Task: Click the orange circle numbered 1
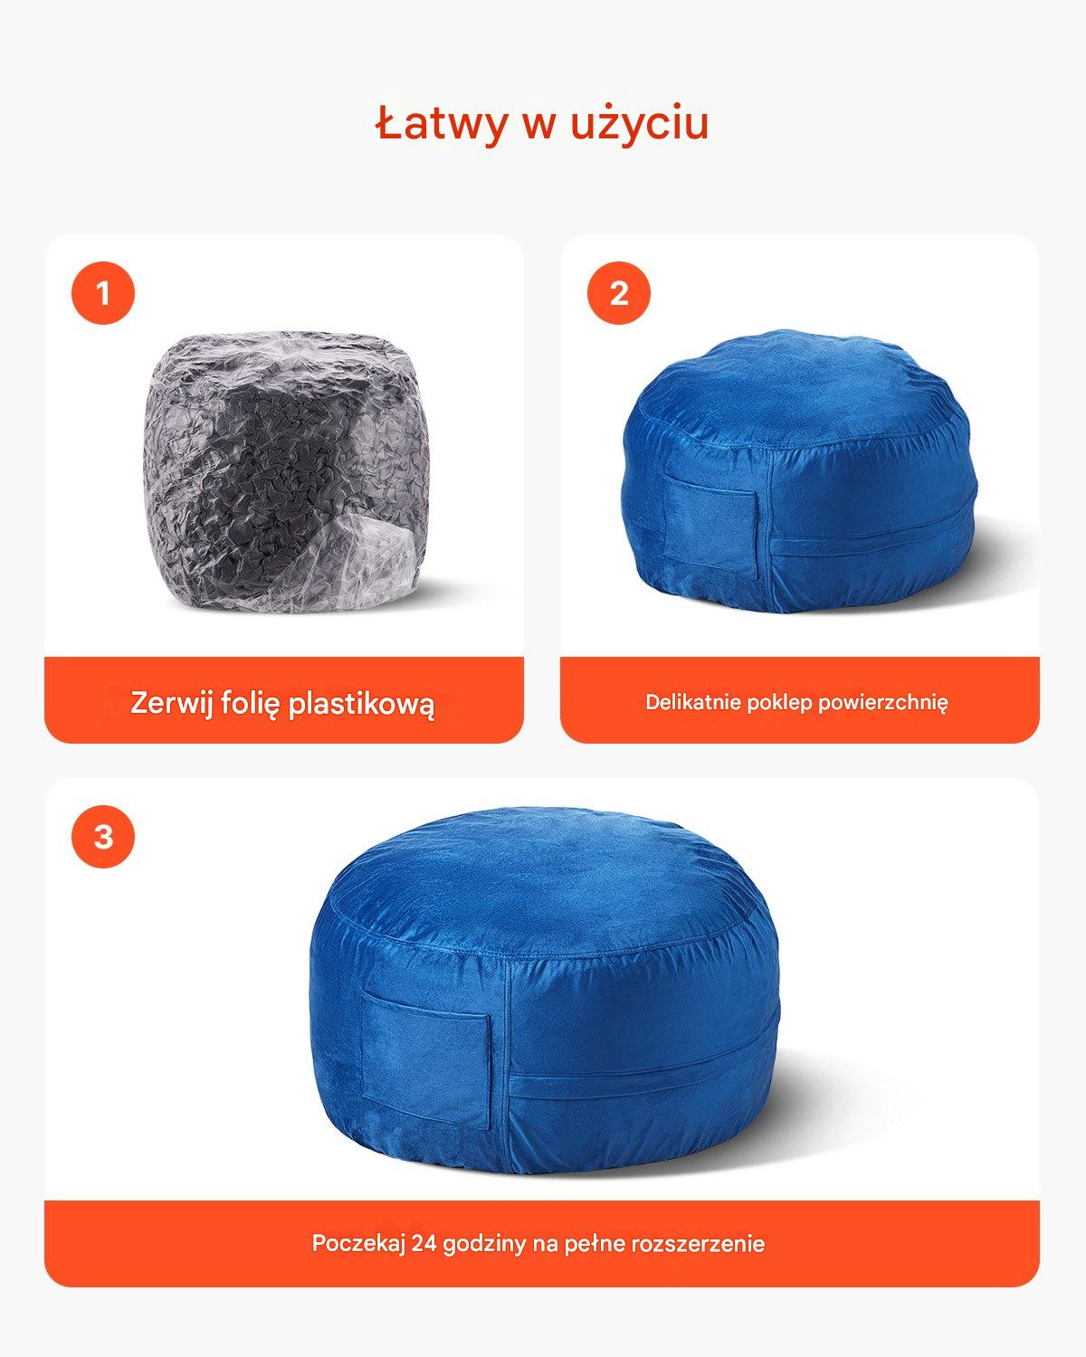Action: (103, 293)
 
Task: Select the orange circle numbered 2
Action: (619, 293)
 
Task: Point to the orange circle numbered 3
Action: (103, 837)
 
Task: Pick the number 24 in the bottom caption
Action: (424, 1244)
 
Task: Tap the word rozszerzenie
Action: (698, 1244)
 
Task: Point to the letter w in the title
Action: (538, 127)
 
